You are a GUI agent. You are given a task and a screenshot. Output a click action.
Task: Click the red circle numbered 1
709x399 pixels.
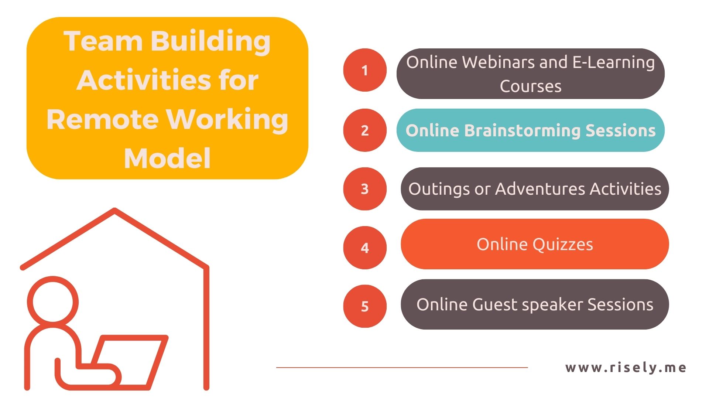[x=365, y=70]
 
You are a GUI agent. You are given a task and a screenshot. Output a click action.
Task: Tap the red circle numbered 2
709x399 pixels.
[x=365, y=130]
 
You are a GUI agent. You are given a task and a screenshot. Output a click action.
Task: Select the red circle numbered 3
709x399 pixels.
[x=365, y=189]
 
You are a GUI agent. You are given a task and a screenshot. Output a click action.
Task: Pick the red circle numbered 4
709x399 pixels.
[x=365, y=248]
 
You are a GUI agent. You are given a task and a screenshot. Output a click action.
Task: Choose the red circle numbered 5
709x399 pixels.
[x=365, y=306]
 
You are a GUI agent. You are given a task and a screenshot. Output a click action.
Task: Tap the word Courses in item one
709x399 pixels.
[x=531, y=86]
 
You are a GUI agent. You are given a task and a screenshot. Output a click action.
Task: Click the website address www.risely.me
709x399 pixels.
[x=626, y=368]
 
